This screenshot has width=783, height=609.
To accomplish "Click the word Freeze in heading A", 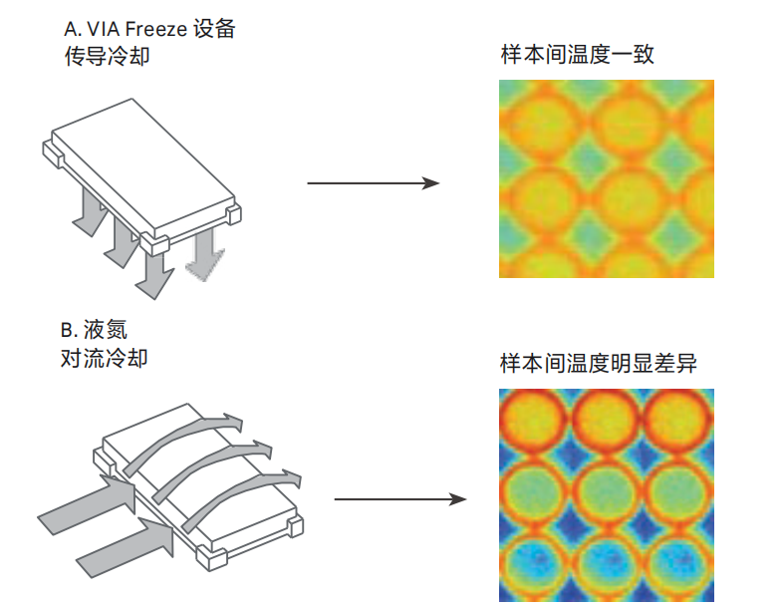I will coord(155,29).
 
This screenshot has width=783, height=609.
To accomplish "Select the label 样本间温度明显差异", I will coord(598,364).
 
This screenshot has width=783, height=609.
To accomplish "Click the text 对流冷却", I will coord(105,357).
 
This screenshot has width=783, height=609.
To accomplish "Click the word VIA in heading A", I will coord(103,29).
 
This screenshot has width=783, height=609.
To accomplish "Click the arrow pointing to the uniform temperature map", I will coord(374,183).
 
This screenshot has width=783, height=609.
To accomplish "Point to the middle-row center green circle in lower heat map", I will coord(607,494).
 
